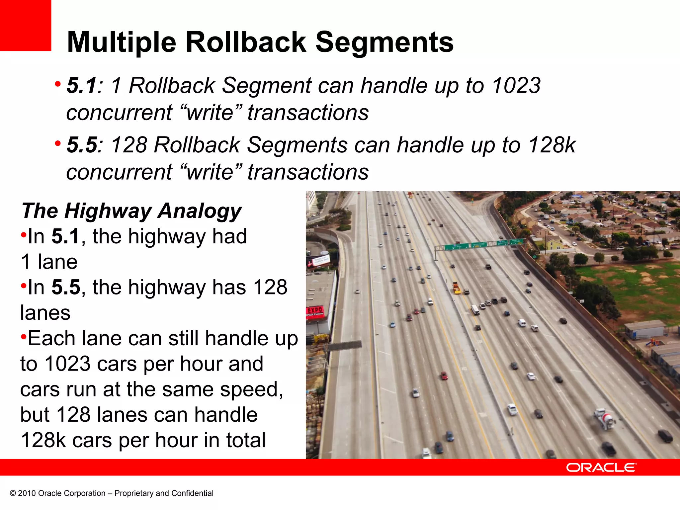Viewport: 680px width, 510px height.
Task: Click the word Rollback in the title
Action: (246, 42)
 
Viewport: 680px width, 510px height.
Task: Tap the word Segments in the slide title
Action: (384, 42)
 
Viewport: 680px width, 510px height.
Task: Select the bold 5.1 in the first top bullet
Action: (81, 85)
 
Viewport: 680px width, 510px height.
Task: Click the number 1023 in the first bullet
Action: (516, 85)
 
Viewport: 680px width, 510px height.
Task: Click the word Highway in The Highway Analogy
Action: (108, 211)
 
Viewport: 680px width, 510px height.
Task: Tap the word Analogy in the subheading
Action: (200, 211)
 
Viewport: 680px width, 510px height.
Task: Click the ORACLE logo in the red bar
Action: (601, 467)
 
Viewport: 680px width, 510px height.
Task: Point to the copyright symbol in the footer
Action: (13, 493)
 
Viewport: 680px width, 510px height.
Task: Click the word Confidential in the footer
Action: (192, 493)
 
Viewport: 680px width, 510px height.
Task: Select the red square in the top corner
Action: (25, 25)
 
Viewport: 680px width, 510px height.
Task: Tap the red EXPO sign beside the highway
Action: (315, 312)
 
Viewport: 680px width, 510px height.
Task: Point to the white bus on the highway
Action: (475, 310)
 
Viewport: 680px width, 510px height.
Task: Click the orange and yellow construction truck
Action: (457, 288)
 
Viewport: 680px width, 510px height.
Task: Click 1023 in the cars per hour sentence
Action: (67, 364)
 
